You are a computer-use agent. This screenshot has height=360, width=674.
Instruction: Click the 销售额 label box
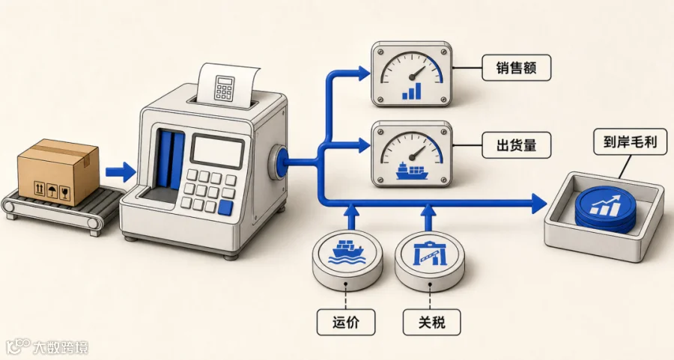(x=516, y=67)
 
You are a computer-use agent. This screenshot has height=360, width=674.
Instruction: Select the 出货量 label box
(x=516, y=145)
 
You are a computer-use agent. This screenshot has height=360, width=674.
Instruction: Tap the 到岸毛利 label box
(x=631, y=141)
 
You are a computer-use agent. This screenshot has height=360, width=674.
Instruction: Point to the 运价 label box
(x=346, y=322)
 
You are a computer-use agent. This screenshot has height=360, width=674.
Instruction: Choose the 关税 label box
(x=431, y=322)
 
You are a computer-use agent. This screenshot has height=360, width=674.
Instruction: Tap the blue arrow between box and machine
(x=121, y=172)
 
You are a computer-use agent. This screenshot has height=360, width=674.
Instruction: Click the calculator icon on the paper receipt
(x=224, y=88)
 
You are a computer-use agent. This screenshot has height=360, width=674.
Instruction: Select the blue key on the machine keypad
(x=225, y=208)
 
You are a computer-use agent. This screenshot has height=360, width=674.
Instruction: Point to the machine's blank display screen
(x=217, y=152)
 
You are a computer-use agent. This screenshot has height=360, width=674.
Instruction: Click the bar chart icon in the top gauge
(x=412, y=91)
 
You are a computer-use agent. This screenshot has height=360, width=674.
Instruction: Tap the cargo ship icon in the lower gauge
(x=412, y=171)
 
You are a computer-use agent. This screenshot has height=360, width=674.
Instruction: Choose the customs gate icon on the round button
(x=430, y=254)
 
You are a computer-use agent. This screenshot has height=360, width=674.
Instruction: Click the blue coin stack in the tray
(x=605, y=210)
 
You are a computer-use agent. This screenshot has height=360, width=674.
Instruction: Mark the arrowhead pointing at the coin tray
(x=539, y=203)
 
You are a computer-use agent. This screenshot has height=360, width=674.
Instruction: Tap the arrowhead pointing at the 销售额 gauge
(x=363, y=73)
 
